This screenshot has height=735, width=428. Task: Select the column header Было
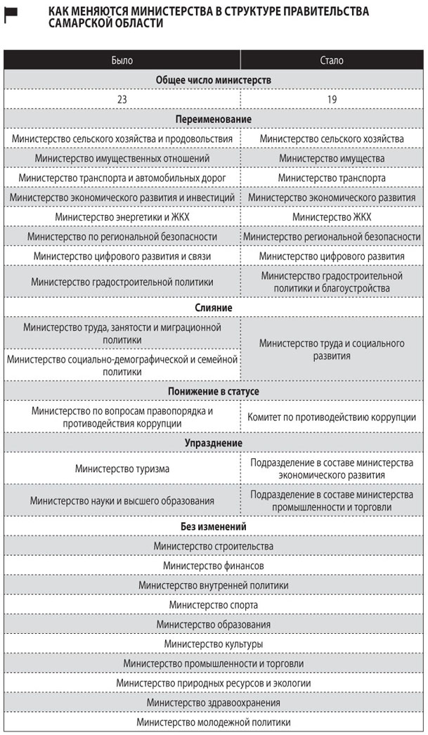(122, 60)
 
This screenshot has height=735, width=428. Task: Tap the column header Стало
(332, 60)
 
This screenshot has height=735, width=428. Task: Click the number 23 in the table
(122, 100)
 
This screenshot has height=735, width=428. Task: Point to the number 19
(332, 100)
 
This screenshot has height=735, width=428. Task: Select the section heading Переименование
(214, 119)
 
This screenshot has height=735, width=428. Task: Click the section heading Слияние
(214, 308)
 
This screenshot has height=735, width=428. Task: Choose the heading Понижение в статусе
(214, 391)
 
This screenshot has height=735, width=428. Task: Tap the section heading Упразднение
(214, 443)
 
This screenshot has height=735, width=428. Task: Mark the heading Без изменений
(214, 526)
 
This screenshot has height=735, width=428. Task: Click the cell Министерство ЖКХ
(332, 217)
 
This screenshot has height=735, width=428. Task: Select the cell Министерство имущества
(332, 159)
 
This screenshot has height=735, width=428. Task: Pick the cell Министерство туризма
(122, 469)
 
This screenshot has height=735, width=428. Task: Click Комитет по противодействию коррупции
(332, 417)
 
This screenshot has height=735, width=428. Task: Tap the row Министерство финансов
(214, 566)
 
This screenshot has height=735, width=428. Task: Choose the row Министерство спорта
(214, 605)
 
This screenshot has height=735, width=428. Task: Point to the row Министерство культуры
(214, 644)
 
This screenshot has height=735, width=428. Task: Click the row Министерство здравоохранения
(214, 703)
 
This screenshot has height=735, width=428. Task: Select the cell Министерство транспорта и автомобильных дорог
(122, 178)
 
